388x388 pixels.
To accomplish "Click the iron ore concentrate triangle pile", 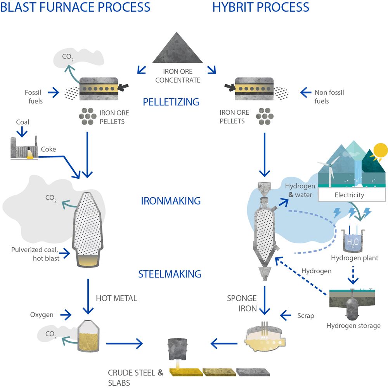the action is (x=177, y=50).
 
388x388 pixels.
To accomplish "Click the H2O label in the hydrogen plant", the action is (x=353, y=242).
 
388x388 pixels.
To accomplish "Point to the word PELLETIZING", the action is (x=171, y=102).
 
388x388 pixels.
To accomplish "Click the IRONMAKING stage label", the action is (x=171, y=201).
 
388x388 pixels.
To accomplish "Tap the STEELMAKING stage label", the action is (x=170, y=274).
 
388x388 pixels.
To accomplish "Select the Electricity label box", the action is (x=352, y=195).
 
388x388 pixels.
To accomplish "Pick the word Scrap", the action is (x=306, y=316).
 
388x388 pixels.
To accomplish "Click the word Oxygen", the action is (x=42, y=315).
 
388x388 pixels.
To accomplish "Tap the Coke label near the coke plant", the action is (x=48, y=149).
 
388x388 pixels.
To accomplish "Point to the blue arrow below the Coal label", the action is (x=22, y=132).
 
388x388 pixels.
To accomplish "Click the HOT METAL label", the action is (x=116, y=298).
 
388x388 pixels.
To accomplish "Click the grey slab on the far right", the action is (x=253, y=372).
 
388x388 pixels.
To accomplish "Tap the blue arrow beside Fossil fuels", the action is (x=54, y=93).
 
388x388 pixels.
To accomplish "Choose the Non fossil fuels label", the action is (x=329, y=97).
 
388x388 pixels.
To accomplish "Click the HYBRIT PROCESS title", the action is (x=261, y=7).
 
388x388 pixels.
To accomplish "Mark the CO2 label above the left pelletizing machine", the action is (x=68, y=57).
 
